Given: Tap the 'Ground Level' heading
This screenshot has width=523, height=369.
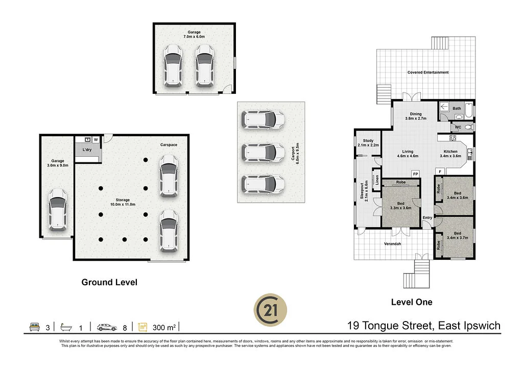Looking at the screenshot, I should point(109,282).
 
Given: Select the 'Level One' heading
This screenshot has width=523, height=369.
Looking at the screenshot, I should point(411,302).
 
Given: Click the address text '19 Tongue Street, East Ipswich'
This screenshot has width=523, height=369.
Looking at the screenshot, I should point(423,326).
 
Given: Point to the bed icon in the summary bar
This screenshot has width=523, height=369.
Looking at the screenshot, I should point(35,326).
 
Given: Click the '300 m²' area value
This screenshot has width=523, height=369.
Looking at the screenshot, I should point(163,326).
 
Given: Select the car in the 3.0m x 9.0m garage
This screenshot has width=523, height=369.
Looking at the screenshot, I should point(57,209).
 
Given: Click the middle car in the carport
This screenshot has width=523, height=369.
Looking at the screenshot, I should point(263,152).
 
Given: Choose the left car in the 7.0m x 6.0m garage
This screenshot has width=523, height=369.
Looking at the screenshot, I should point(173,65).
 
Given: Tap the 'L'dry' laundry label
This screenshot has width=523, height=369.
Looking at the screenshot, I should point(86,150).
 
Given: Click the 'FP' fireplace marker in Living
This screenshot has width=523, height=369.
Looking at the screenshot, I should point(415,173).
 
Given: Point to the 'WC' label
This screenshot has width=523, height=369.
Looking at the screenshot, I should point(458,127).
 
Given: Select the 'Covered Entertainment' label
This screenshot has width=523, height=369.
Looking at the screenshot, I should point(427,72).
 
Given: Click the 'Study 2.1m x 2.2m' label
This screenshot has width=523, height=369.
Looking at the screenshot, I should point(368,143).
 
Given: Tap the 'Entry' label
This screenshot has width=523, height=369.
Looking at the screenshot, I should point(427,218).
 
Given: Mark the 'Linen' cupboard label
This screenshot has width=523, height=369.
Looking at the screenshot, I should point(377,180).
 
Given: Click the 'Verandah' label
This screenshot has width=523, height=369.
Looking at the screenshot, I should point(392,244).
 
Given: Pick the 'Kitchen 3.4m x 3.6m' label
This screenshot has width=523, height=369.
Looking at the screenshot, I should point(450,154).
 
